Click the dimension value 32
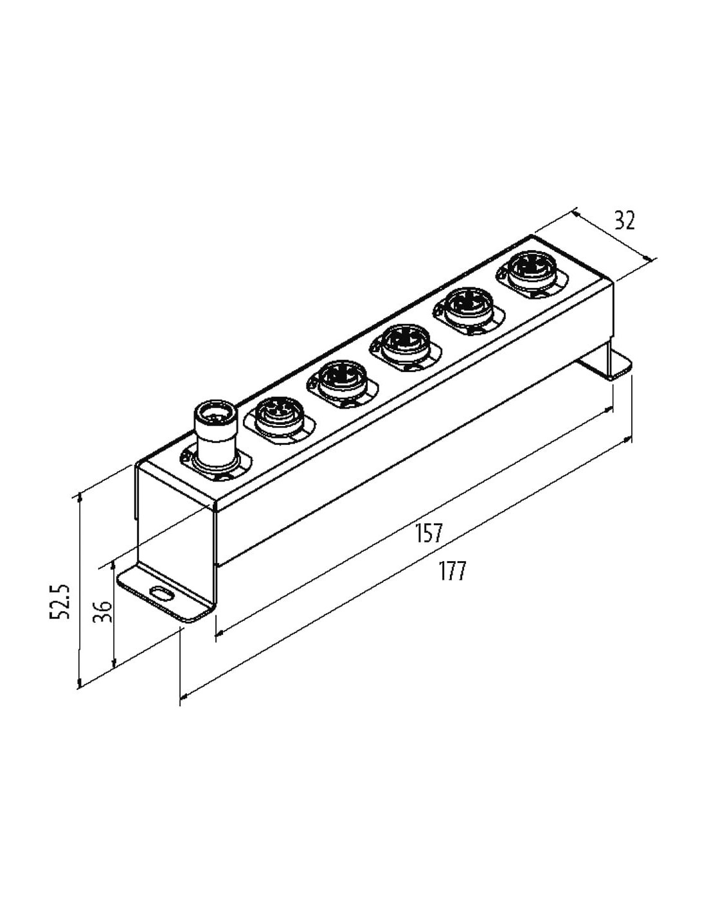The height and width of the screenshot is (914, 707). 624,220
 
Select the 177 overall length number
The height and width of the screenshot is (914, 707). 452,570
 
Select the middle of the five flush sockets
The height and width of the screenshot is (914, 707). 405,347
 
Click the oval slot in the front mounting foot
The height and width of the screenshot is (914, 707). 161,593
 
